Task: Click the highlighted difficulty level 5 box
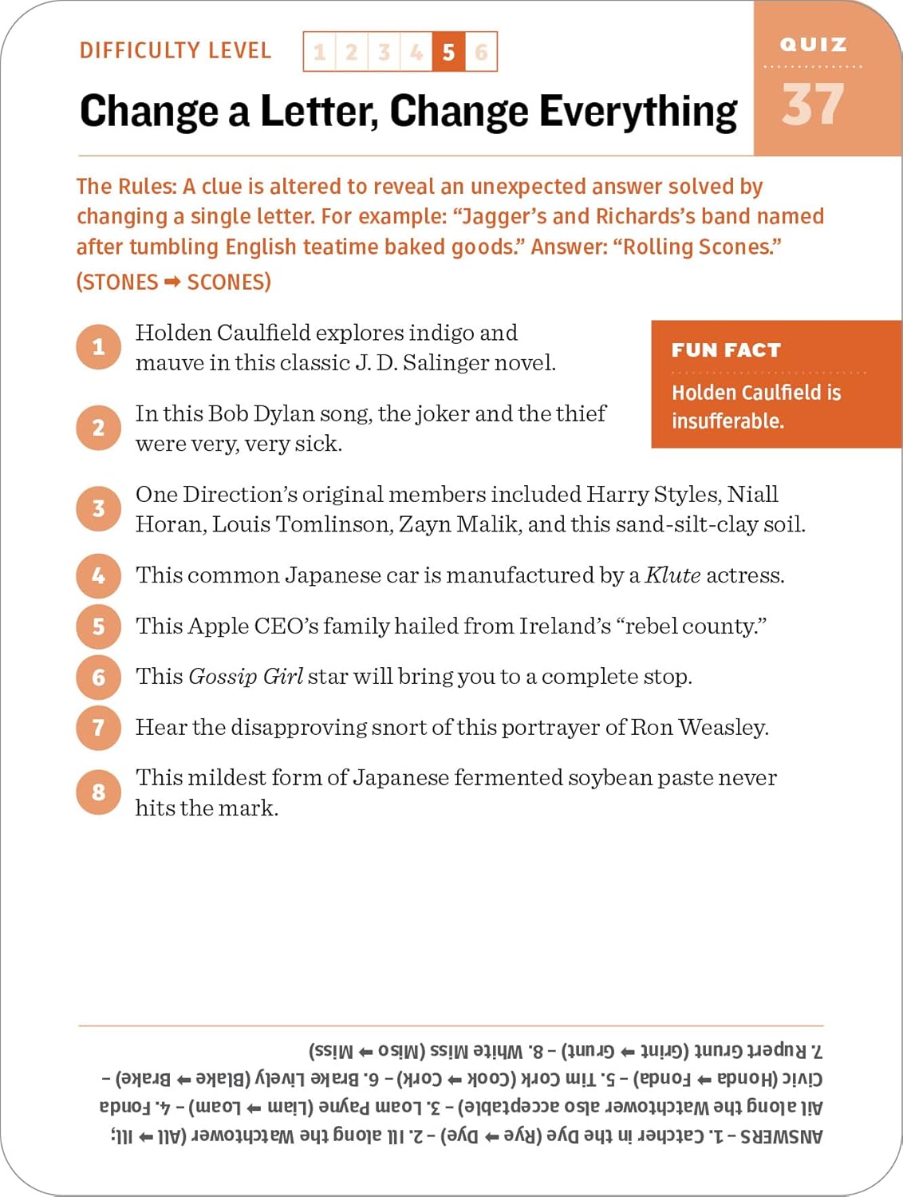coord(448,52)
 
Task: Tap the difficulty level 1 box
coord(320,52)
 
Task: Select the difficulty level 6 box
coord(481,52)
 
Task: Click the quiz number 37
coord(813,105)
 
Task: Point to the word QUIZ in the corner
coord(813,45)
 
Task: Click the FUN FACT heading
coord(726,350)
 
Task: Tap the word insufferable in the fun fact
coord(728,421)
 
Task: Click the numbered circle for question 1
coord(98,347)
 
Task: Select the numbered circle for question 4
coord(98,575)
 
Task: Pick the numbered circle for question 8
coord(98,792)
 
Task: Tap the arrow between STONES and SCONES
coord(172,282)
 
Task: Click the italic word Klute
coord(672,575)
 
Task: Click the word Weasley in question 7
coord(723,727)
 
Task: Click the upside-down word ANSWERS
coord(782,1136)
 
